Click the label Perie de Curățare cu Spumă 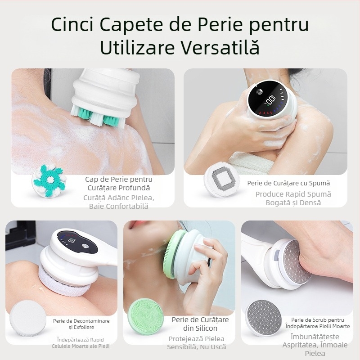[x=288, y=183]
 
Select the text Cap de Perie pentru [x=119, y=179]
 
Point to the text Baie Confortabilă [x=119, y=206]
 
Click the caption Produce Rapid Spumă [x=293, y=194]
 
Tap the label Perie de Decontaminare [x=81, y=321]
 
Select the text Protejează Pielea [x=197, y=338]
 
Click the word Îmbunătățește [x=315, y=336]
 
